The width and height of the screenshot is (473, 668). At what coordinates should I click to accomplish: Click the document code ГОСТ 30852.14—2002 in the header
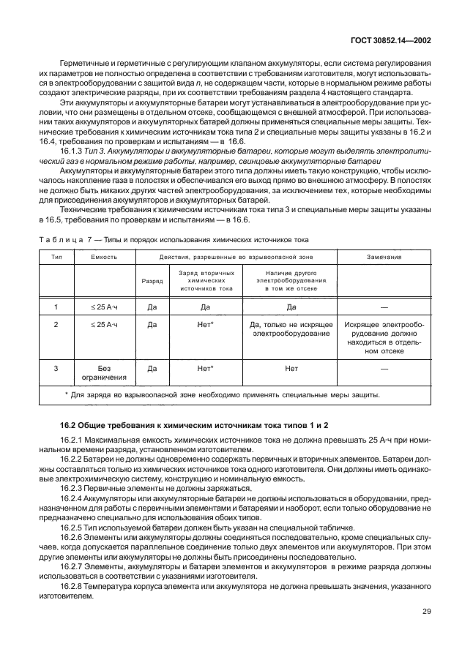click(x=392, y=42)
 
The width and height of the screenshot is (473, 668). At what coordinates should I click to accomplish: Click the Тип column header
click(x=56, y=258)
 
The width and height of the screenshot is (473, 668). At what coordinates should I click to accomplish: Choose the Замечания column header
click(x=384, y=258)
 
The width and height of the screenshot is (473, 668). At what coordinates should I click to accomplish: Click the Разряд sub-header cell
click(x=152, y=280)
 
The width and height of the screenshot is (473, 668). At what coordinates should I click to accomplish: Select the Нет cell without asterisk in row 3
click(x=291, y=369)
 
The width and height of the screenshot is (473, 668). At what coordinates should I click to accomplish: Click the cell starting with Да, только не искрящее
click(x=291, y=328)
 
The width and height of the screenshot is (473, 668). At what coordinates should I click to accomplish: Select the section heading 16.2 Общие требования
click(x=193, y=425)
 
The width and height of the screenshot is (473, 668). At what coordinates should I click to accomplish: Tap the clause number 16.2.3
click(x=74, y=488)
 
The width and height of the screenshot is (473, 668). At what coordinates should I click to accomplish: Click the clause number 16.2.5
click(x=74, y=527)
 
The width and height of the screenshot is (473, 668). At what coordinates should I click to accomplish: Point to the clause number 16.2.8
click(x=74, y=586)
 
